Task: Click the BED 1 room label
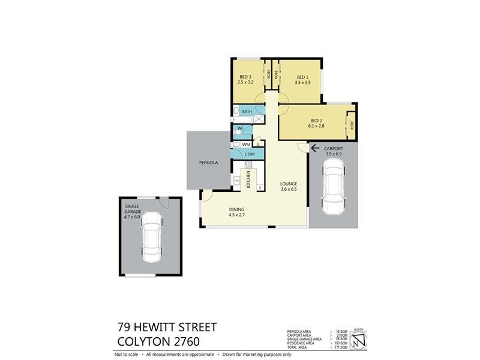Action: (x=302, y=77)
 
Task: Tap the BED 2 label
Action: (x=317, y=119)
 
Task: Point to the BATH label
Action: (x=247, y=112)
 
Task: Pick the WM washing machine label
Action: (x=246, y=145)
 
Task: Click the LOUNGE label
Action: (x=289, y=183)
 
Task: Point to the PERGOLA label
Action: (x=209, y=163)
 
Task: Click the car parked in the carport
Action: (x=333, y=189)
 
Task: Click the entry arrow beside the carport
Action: (x=314, y=147)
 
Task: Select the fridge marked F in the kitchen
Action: (x=260, y=188)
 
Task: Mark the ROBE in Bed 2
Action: (x=352, y=125)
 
